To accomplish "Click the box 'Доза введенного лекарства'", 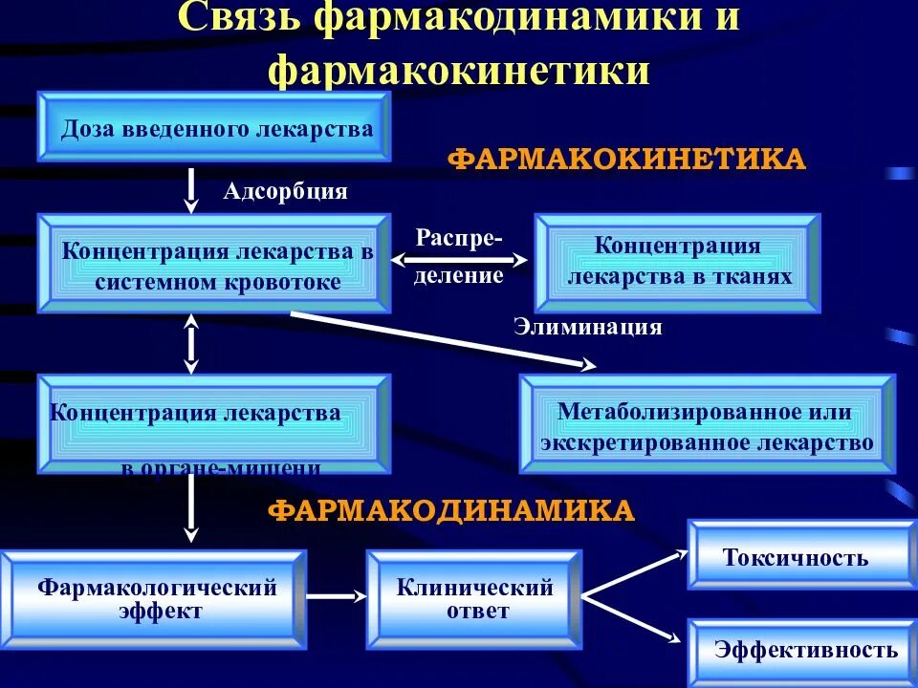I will (215, 127).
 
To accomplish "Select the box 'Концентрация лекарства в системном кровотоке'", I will (215, 265).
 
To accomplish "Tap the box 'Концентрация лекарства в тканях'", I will (678, 262).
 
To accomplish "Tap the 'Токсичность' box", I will (796, 556).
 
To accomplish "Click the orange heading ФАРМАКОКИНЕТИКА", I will (627, 159).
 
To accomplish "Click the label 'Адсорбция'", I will (285, 191).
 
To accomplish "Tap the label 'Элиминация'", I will (588, 327).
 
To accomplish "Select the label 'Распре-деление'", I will (459, 256).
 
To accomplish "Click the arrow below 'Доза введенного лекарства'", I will (191, 189).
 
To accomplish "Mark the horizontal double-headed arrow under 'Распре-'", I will (459, 258).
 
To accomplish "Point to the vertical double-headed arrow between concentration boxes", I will (191, 345).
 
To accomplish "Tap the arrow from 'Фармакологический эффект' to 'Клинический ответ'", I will (336, 596).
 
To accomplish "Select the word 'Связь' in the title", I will (239, 19).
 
